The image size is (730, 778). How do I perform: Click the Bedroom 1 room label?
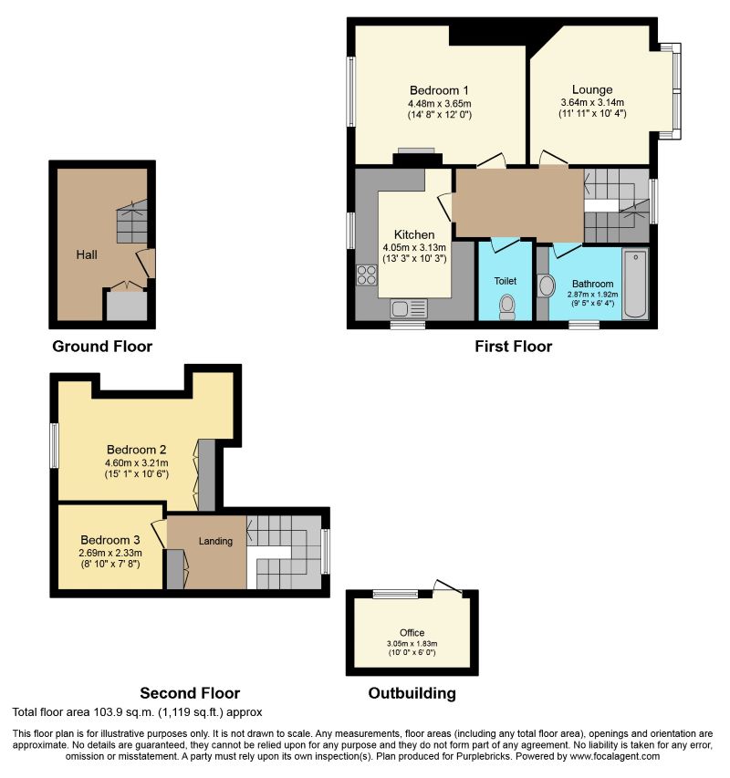pyautogui.click(x=439, y=90)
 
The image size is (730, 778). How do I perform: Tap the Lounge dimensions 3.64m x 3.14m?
pyautogui.click(x=592, y=102)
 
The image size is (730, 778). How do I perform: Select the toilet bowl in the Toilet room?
pyautogui.click(x=507, y=307)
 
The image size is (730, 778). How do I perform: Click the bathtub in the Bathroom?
pyautogui.click(x=635, y=284)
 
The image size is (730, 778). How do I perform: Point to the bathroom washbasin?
pyautogui.click(x=547, y=286)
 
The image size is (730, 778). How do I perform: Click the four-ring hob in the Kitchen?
pyautogui.click(x=367, y=275)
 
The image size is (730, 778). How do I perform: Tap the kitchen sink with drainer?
pyautogui.click(x=408, y=308)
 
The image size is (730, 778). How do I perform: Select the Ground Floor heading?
pyautogui.click(x=102, y=347)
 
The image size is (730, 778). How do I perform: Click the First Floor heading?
pyautogui.click(x=513, y=347)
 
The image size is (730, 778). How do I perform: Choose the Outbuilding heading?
pyautogui.click(x=412, y=693)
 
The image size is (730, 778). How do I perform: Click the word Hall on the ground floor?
pyautogui.click(x=87, y=254)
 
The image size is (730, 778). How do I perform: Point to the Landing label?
pyautogui.click(x=215, y=542)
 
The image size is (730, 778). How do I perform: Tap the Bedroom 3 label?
pyautogui.click(x=110, y=540)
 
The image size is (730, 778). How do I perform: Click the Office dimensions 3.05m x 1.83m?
pyautogui.click(x=412, y=644)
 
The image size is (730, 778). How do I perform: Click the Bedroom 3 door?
pyautogui.click(x=159, y=534)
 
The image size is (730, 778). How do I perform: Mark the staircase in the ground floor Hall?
pyautogui.click(x=132, y=222)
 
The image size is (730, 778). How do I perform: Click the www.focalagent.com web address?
pyautogui.click(x=615, y=757)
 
